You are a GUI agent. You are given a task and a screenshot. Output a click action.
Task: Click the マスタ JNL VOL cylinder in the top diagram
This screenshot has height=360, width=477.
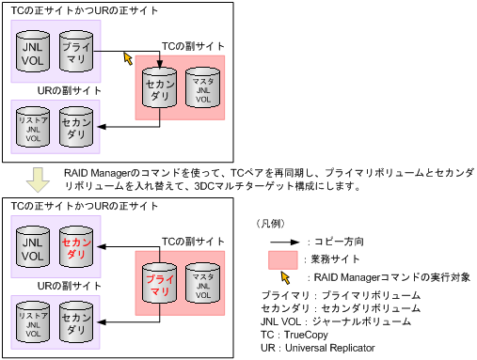pyautogui.click(x=203, y=89)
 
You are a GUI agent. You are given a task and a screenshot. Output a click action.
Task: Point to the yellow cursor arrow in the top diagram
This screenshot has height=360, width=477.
pyautogui.click(x=128, y=58)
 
